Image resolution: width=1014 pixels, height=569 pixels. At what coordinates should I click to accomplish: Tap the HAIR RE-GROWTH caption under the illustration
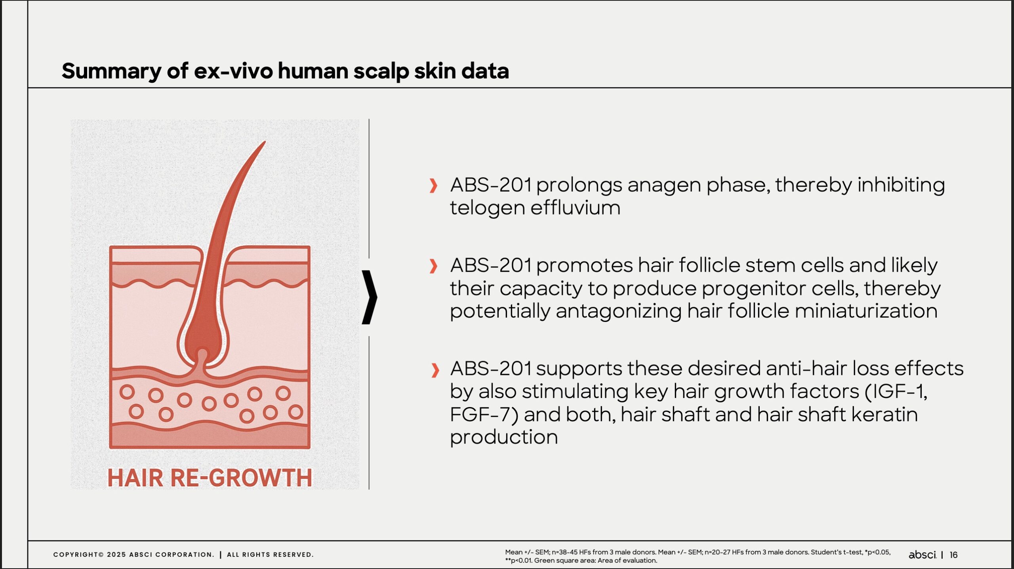click(x=210, y=478)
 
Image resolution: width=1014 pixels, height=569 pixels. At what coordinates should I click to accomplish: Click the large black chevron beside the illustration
click(x=370, y=297)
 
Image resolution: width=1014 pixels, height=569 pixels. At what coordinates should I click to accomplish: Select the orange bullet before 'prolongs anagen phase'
click(x=433, y=185)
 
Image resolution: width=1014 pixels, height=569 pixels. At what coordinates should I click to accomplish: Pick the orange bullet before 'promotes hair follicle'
click(x=433, y=266)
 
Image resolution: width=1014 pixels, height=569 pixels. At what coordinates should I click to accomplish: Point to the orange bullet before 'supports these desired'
click(x=435, y=370)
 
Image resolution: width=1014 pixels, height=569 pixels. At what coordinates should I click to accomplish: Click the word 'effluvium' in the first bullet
click(x=575, y=208)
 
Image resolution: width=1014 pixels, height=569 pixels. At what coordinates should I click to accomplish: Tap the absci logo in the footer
click(x=922, y=555)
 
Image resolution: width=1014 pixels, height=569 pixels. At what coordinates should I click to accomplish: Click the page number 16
click(x=954, y=555)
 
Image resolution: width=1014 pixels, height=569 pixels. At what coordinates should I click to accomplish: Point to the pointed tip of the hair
click(x=265, y=142)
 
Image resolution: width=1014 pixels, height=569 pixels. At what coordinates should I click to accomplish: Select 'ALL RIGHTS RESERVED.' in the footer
click(x=270, y=555)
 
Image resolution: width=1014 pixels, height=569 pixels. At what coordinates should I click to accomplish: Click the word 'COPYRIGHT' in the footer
click(x=76, y=555)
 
